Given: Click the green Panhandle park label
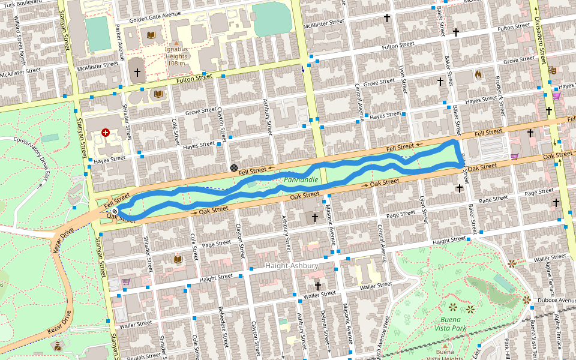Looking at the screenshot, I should (301, 179).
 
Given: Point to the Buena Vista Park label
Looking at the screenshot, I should (450, 323).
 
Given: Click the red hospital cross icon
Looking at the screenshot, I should (106, 132).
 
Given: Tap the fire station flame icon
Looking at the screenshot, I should (478, 75).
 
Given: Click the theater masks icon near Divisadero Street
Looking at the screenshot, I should (552, 70).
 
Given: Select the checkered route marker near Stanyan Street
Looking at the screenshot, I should (115, 211).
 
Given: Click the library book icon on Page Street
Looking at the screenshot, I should (178, 259).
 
